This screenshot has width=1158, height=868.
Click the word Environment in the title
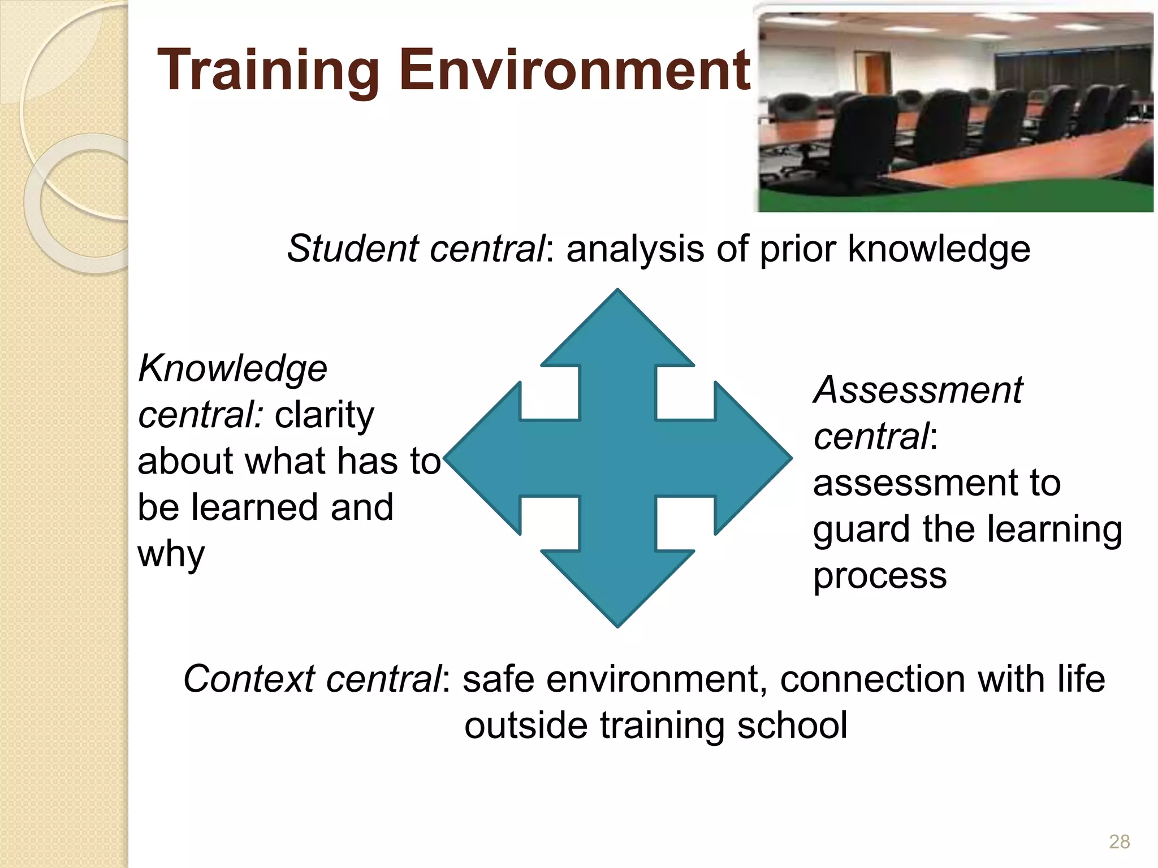[x=574, y=70]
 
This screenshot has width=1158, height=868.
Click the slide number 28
[x=1119, y=841]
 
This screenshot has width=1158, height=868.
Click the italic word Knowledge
[x=232, y=368]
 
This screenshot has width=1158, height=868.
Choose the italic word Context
[x=249, y=679]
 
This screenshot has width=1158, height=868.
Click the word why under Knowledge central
[x=171, y=554]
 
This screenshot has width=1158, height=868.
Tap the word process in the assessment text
[x=880, y=576]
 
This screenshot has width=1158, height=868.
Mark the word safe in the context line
[x=498, y=679]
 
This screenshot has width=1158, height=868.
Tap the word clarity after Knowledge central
[x=324, y=415]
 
